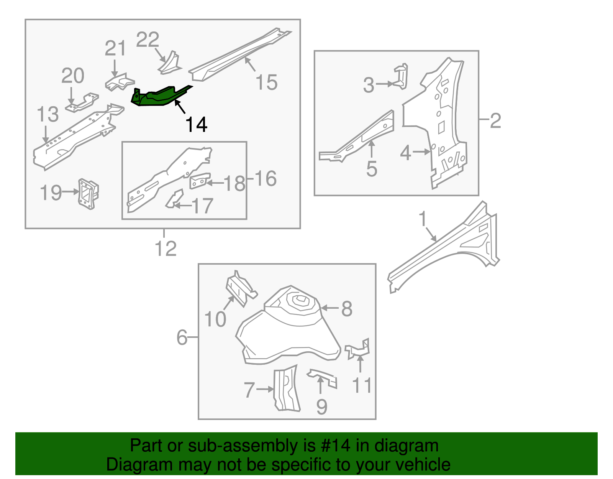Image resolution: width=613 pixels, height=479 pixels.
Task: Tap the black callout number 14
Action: pos(196,125)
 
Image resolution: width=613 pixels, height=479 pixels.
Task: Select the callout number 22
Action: pos(148,40)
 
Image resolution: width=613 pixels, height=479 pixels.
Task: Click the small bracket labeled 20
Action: pos(82,102)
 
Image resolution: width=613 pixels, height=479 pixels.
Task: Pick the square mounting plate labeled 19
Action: pos(88,194)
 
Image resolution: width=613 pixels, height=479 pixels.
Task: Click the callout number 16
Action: pos(265,179)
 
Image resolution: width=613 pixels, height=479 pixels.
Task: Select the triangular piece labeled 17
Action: pos(174,198)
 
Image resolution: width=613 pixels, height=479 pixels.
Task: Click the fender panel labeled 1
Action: pos(444,249)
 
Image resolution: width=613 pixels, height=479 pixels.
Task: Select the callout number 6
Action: pos(182,337)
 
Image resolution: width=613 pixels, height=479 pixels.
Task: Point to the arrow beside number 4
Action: pos(421,152)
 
